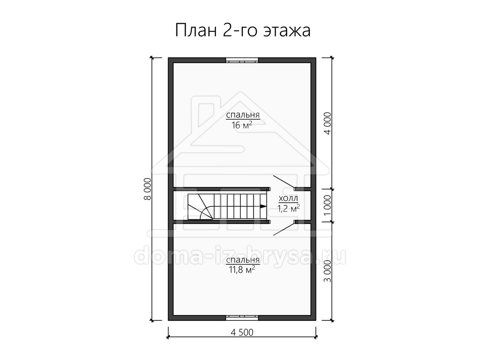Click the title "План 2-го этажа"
243,31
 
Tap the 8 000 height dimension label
148,189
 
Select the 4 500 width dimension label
242,332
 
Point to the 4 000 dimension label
328,124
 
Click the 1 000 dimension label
327,205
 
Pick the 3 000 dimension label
327,271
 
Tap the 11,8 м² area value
242,270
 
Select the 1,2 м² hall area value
289,208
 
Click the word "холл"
288,198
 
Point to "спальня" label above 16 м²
243,115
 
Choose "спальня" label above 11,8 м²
243,260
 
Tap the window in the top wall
242,60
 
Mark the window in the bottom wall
242,318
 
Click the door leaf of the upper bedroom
284,182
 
